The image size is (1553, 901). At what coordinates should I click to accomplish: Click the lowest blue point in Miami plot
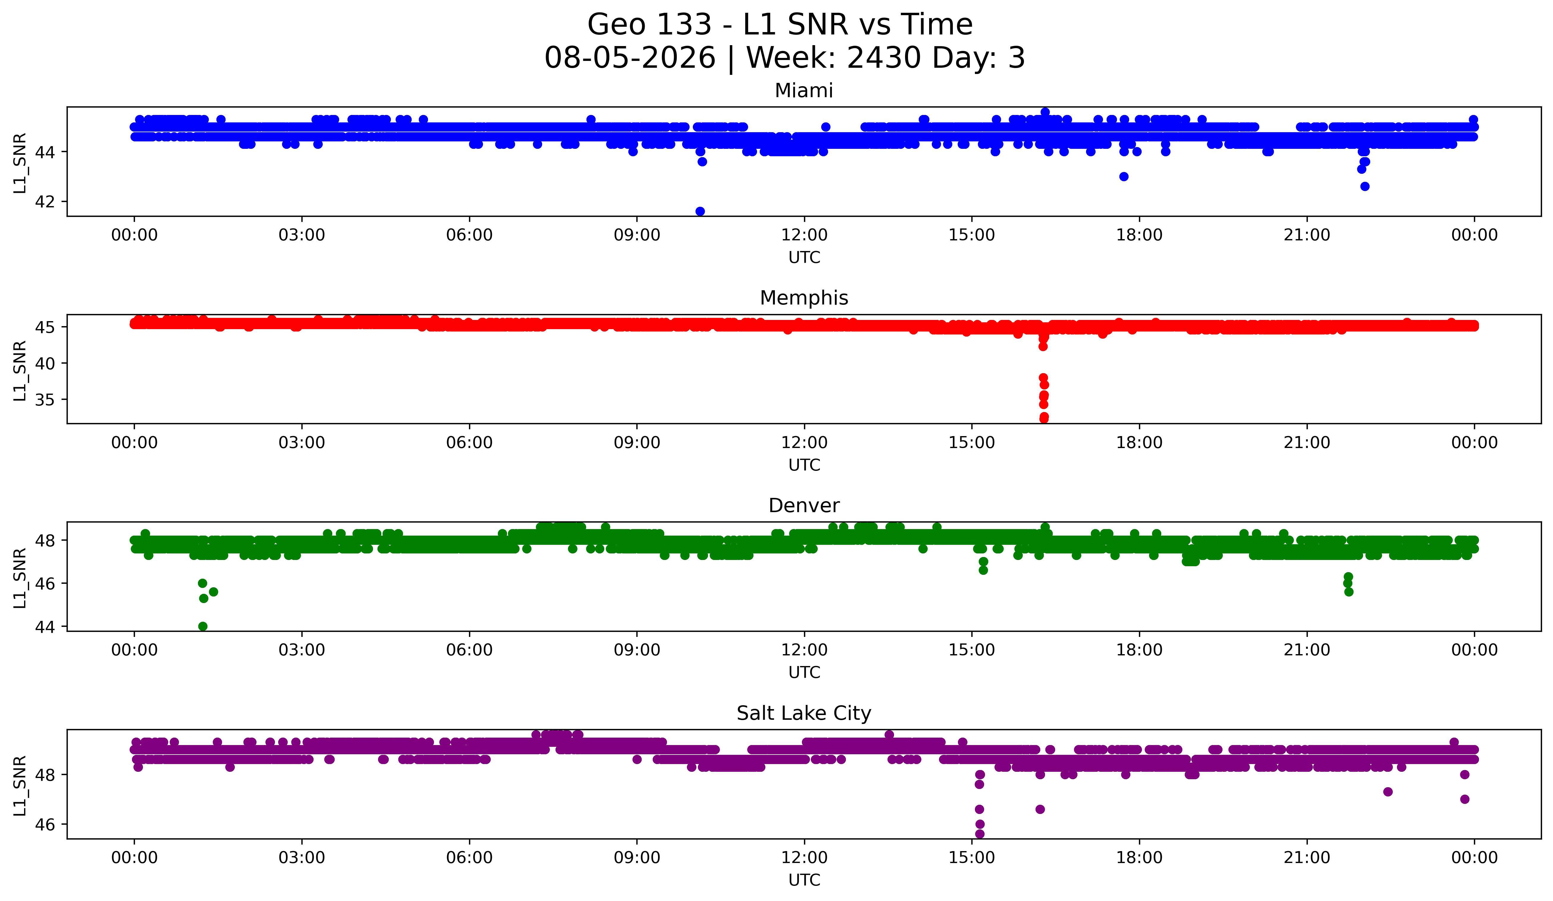pos(700,211)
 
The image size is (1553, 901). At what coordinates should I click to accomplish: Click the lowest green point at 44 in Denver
pos(203,626)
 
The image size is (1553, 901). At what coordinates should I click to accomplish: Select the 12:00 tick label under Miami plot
pos(804,235)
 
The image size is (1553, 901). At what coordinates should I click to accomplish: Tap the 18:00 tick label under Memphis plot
pos(1140,443)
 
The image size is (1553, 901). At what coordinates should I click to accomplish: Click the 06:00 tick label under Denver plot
pos(470,650)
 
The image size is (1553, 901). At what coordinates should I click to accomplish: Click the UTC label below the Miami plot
pos(804,258)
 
